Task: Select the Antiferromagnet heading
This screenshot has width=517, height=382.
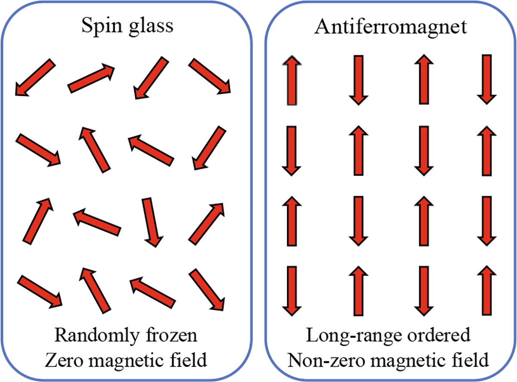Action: [390, 27]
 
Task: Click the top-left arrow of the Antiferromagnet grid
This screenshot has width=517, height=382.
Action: [292, 80]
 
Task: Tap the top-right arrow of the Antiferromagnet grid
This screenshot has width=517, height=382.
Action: [486, 79]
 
